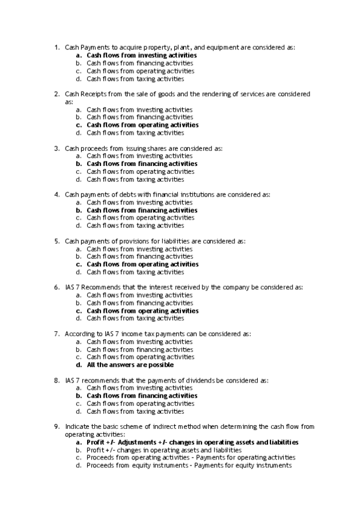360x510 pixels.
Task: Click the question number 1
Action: [55, 47]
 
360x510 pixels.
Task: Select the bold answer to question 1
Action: [141, 55]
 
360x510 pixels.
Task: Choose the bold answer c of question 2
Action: [142, 125]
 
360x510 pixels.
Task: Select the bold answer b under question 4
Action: [142, 210]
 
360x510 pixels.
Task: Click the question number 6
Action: [55, 287]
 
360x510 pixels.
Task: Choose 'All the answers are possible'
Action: [130, 364]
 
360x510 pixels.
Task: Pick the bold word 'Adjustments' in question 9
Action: [138, 442]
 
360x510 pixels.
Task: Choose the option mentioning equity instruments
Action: [189, 465]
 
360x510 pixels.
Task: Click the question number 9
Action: [55, 426]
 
